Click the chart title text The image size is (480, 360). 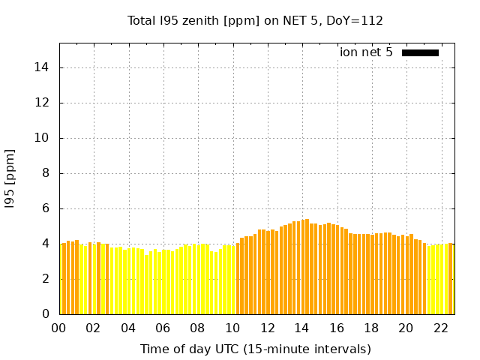(x=255, y=21)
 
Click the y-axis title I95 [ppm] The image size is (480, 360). (x=10, y=178)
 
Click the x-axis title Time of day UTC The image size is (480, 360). (x=255, y=349)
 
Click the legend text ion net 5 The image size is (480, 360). (x=366, y=52)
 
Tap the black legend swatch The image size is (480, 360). (x=420, y=52)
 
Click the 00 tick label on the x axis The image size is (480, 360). (x=58, y=328)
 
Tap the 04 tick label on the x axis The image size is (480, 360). (x=128, y=328)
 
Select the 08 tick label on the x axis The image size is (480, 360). (x=197, y=328)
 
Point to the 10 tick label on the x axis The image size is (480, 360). (x=232, y=328)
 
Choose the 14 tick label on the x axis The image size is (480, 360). (x=301, y=328)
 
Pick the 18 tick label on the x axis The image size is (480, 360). (x=371, y=328)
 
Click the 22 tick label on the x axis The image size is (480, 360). (x=440, y=328)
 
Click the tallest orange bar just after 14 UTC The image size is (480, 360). (x=307, y=266)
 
